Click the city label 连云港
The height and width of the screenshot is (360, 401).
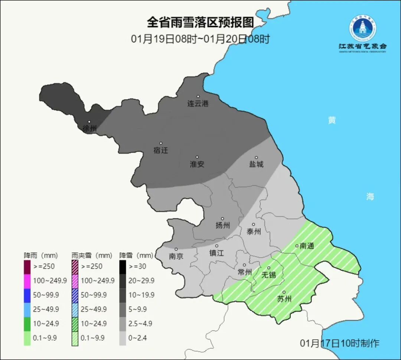(198, 104)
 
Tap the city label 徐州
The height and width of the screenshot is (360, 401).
(89, 129)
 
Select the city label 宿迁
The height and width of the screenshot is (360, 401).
(161, 150)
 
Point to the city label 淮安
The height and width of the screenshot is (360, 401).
(197, 164)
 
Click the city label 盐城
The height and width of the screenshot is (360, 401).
(256, 164)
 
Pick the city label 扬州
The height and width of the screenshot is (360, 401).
(223, 225)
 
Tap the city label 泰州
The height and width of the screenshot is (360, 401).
(254, 231)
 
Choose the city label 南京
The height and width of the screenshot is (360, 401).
(176, 256)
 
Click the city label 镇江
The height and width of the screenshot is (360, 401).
(216, 253)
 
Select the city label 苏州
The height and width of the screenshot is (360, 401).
(284, 299)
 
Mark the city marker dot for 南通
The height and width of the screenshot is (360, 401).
(297, 246)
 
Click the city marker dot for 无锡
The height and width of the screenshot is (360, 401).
(269, 268)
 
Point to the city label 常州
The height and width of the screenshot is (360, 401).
(245, 272)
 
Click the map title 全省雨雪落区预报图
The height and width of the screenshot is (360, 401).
(200, 22)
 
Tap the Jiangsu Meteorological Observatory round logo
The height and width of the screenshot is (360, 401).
(362, 28)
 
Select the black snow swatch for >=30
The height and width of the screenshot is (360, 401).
(123, 266)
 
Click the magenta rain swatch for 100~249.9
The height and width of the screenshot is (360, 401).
(27, 280)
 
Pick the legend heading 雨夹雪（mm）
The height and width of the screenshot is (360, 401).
(92, 256)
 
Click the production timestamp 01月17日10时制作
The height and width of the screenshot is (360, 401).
(339, 343)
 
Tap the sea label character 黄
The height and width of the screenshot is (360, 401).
(332, 120)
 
